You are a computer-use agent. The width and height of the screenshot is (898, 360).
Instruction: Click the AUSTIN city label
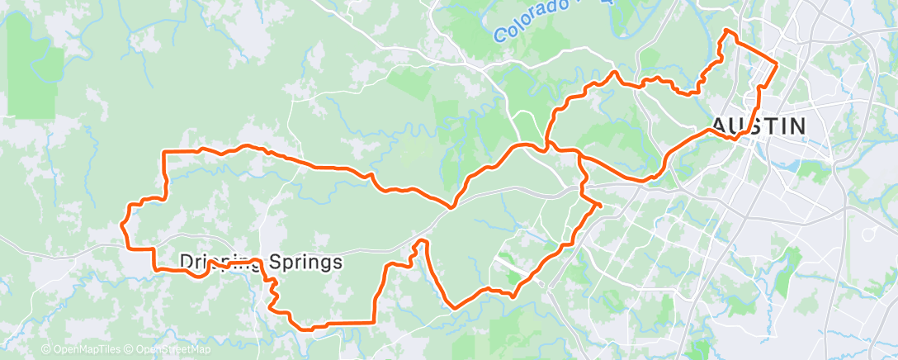(x=758, y=126)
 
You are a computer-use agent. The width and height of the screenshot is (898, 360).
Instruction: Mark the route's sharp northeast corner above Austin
(x=777, y=63)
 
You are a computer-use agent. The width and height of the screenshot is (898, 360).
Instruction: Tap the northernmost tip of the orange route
(x=726, y=31)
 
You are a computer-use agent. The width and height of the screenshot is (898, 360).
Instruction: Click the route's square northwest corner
(x=164, y=152)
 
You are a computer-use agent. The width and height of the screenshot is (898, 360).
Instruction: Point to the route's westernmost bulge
(x=123, y=223)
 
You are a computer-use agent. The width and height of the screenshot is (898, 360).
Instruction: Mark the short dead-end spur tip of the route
(x=601, y=204)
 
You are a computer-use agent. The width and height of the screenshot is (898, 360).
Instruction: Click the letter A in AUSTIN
(x=718, y=126)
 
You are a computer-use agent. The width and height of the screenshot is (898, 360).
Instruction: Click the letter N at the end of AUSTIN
(x=796, y=126)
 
